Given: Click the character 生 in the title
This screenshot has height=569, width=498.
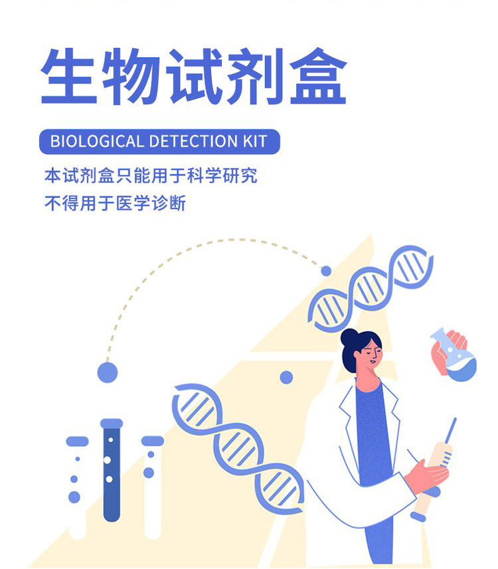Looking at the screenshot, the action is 70,76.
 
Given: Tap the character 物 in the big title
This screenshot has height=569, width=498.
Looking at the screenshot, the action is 131,76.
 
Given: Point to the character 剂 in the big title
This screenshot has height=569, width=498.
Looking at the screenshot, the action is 255,76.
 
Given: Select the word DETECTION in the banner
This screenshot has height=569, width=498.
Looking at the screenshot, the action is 189,141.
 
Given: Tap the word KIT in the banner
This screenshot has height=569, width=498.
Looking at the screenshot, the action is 252,141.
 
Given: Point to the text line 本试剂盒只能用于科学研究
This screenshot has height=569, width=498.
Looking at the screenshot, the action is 151,176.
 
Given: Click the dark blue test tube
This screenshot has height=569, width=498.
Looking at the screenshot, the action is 111,471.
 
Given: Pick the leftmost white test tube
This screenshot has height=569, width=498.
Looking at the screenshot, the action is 77,488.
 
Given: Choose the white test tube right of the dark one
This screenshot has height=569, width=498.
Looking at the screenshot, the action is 153,488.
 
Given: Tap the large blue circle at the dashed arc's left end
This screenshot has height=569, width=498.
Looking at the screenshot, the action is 107,372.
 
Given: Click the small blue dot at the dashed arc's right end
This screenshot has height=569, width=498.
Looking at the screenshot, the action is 326,271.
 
